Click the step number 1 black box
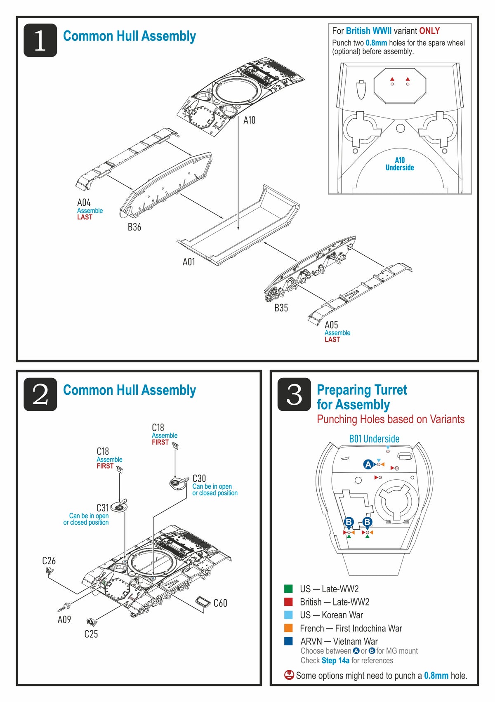pos(40,40)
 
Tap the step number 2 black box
pos(40,394)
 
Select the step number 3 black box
pos(294,394)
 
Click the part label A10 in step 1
pos(249,120)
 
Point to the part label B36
pos(134,227)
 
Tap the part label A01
pos(189,262)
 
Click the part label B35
pos(281,308)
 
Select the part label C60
pos(220,603)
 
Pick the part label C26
pos(49,561)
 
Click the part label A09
pos(64,620)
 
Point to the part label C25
pos(91,634)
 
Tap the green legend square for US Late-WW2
pos(288,589)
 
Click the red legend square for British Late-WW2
pos(288,602)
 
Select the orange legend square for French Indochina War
pos(288,628)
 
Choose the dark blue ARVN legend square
pos(288,641)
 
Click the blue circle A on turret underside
pos(368,464)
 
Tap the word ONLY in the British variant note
pos(429,31)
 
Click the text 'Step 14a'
pos(335,660)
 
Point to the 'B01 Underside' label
pos(374,439)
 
